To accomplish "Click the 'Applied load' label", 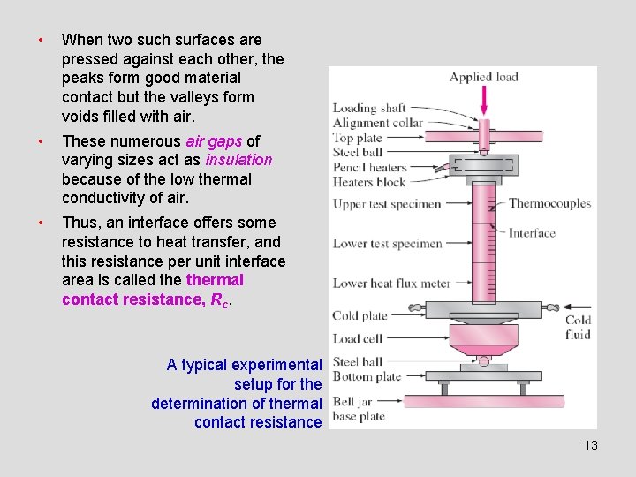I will point(484,77).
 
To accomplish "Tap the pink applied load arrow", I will point(484,101).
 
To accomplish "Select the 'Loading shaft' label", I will point(369,109).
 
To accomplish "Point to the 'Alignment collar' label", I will point(377,123).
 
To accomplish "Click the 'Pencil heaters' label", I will point(369,167).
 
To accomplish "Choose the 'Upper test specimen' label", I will point(386,204).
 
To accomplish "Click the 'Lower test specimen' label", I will point(386,243).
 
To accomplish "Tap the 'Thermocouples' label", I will point(549,203).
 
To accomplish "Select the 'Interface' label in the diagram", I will point(532,233).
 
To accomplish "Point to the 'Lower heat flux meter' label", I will point(391,284).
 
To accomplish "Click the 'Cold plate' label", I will point(360,315).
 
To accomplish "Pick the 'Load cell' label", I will point(357,338).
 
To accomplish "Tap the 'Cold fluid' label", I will point(578,328).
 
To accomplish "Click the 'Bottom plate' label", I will point(367,376).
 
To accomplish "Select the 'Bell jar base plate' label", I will point(359,409).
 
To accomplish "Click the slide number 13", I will point(591,445).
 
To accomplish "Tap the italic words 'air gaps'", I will point(214,141).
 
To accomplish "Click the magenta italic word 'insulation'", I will point(238,160).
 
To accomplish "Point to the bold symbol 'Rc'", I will point(220,300).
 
